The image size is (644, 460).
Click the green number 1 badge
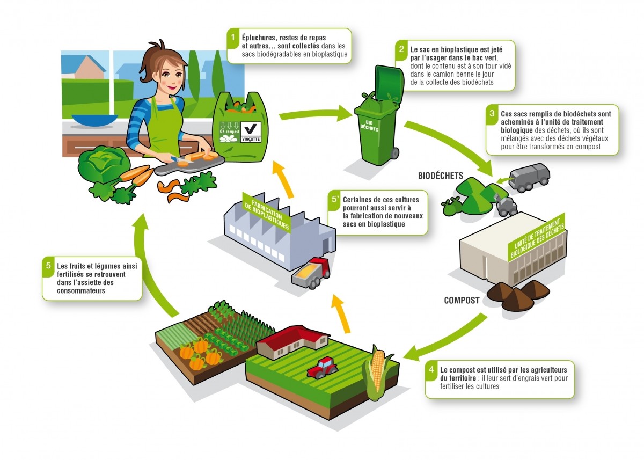tap(233, 38)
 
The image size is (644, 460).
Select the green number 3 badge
tap(492, 114)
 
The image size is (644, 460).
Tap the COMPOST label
tap(462, 301)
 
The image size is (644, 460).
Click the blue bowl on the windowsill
tap(87, 120)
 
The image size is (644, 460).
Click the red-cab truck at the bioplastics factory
tap(311, 272)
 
